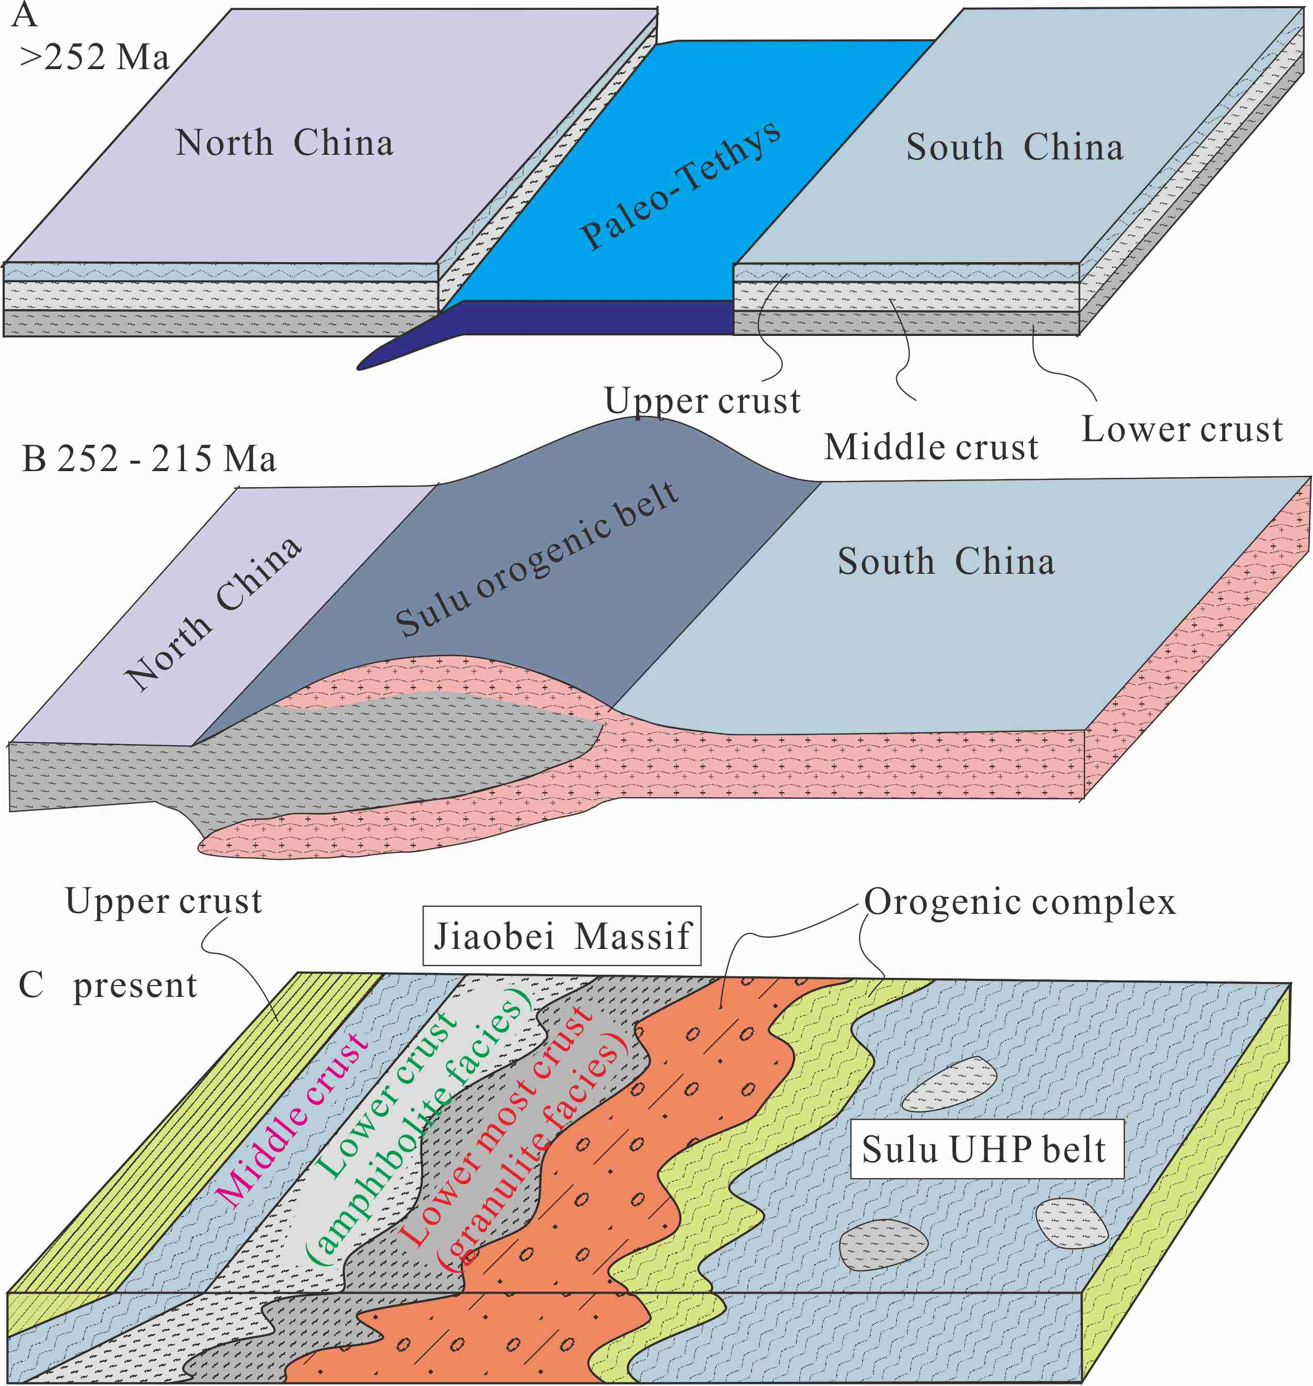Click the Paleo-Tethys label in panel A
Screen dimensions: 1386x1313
click(680, 185)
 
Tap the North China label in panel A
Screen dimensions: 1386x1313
click(284, 143)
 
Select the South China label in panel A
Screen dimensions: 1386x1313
click(1015, 147)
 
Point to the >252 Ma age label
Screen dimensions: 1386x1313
click(94, 57)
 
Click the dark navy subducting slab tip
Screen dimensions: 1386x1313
click(392, 357)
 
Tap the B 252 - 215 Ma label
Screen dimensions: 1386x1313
click(149, 459)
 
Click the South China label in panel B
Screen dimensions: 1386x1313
click(946, 561)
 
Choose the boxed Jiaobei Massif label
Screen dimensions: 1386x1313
click(562, 936)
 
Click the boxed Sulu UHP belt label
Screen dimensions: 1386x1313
click(983, 1149)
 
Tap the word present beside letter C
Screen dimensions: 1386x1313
click(135, 986)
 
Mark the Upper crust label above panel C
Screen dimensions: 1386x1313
click(164, 901)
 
